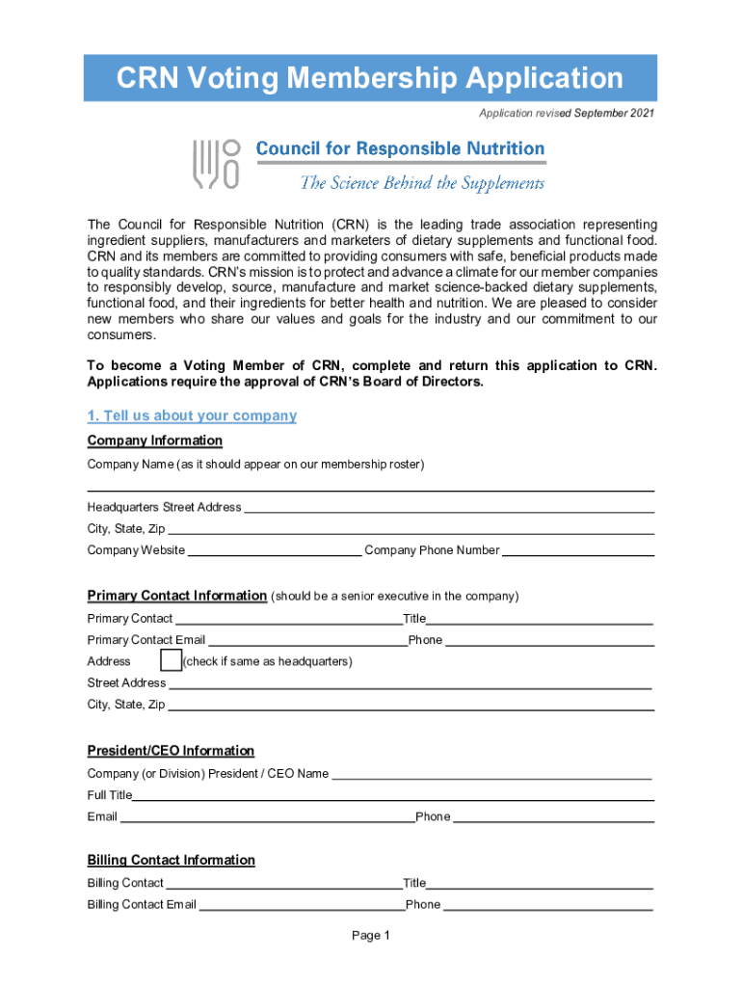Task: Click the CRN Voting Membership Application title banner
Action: tap(370, 78)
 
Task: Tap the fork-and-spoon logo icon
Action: tap(216, 163)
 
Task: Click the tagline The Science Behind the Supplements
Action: tap(422, 183)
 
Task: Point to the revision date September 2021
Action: tap(614, 114)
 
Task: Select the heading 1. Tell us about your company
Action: tap(192, 415)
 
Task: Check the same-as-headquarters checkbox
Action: tap(171, 660)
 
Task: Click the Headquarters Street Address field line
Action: tap(449, 507)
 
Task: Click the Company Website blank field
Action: tap(275, 550)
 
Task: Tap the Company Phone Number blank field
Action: tap(578, 550)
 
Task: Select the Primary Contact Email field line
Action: tap(306, 640)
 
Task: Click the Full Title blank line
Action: tap(393, 795)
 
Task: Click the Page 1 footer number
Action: tap(371, 936)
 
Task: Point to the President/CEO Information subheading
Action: tap(171, 751)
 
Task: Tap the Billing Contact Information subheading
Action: tap(171, 860)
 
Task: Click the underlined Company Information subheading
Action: tap(154, 440)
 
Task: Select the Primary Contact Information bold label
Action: tap(176, 596)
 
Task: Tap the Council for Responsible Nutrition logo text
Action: tap(400, 148)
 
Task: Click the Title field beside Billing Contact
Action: tap(540, 883)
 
